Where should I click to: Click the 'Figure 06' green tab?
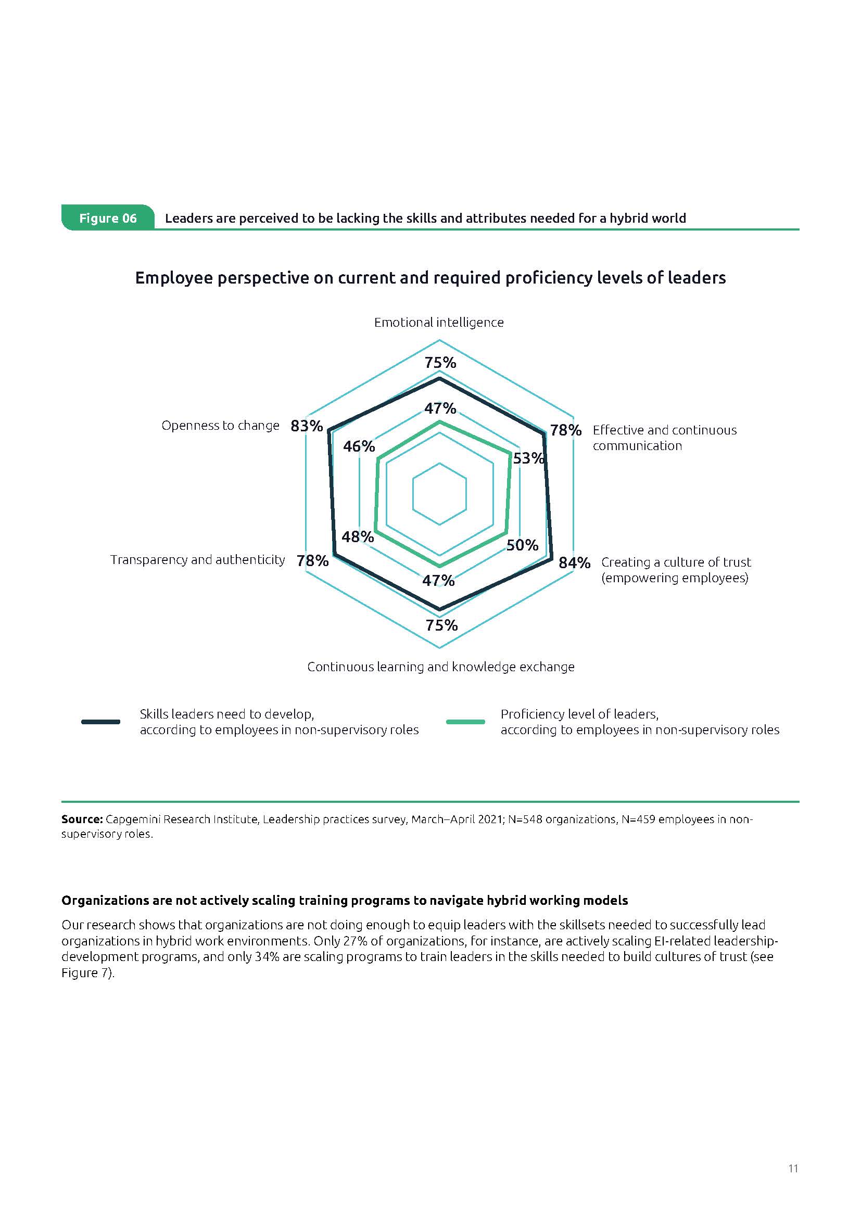click(108, 218)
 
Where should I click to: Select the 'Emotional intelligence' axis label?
click(438, 322)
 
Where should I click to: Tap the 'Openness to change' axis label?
click(220, 426)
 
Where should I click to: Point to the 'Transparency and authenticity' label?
click(197, 560)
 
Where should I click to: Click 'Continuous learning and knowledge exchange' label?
click(440, 667)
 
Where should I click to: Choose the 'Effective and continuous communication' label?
click(664, 438)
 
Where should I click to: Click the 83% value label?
click(307, 426)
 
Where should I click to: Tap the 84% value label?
click(574, 562)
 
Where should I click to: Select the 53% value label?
click(528, 458)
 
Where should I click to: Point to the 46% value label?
click(359, 446)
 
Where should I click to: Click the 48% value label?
click(358, 537)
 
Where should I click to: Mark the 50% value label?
click(522, 545)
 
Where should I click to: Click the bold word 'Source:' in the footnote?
click(82, 819)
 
